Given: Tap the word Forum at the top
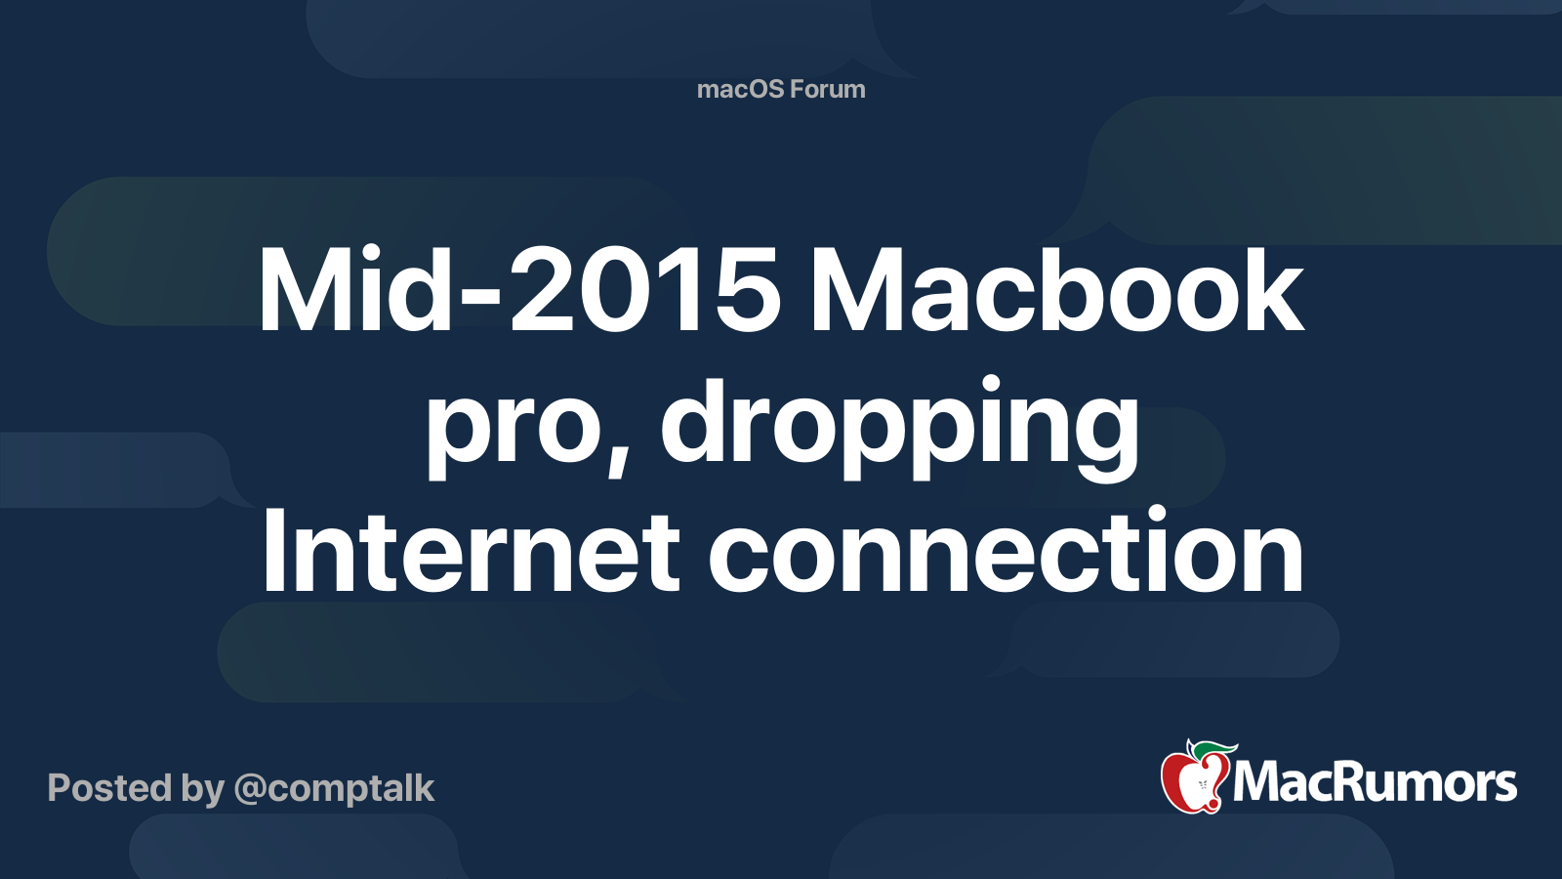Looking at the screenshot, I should pos(827,90).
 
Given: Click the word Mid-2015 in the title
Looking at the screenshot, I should pos(518,291).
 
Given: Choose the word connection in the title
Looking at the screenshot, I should pos(1006,553).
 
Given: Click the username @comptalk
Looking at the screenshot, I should pos(334,788).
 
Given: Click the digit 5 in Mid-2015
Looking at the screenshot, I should pos(749,291).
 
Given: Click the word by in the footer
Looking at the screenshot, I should pos(202,789).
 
